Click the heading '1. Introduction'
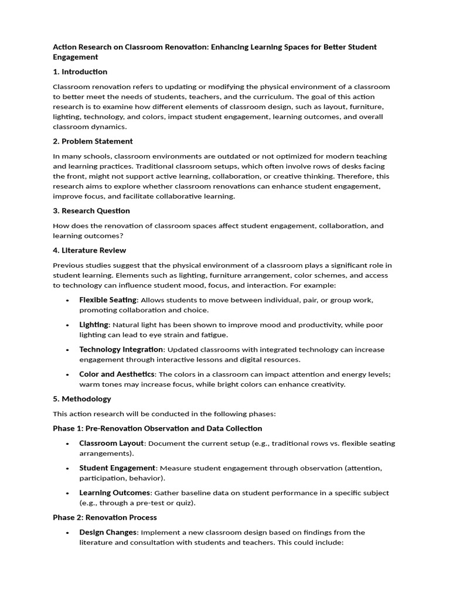(x=80, y=72)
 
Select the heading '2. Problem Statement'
(x=93, y=141)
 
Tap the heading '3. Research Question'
(x=91, y=211)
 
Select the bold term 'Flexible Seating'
(x=108, y=300)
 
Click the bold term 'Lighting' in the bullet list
(x=94, y=325)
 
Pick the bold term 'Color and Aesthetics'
(x=117, y=374)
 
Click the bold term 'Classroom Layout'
(x=111, y=444)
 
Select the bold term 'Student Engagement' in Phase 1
(x=117, y=468)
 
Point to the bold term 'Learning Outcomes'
(x=115, y=493)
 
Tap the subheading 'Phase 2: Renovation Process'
(x=104, y=518)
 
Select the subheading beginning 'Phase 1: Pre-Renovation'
(x=157, y=429)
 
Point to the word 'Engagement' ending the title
(x=75, y=57)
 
